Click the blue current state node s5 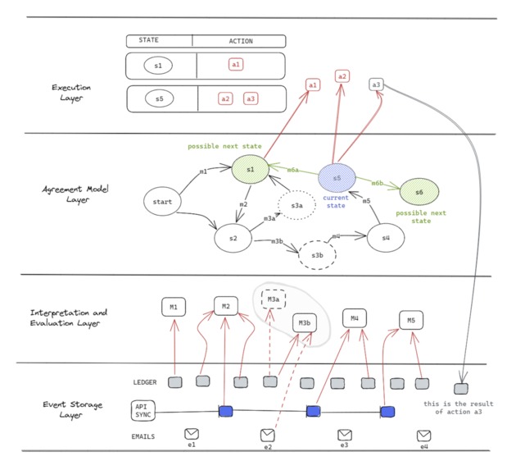[x=336, y=177]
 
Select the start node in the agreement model [x=161, y=201]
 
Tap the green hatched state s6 [x=419, y=192]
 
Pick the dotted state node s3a [x=295, y=204]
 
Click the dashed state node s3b [x=317, y=255]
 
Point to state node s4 [x=385, y=238]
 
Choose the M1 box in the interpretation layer [x=174, y=308]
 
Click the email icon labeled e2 [x=267, y=435]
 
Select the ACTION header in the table [x=239, y=41]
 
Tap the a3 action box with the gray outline [x=376, y=84]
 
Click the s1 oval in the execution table [x=158, y=65]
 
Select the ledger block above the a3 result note [x=462, y=388]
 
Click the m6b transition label [x=378, y=183]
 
